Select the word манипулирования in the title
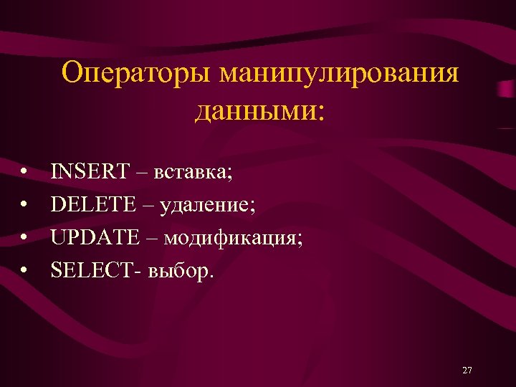coord(340,74)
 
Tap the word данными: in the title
coord(257,111)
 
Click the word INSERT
coord(90,172)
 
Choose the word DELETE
coord(93,205)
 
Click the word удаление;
coord(207,206)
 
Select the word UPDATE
coord(96,237)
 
